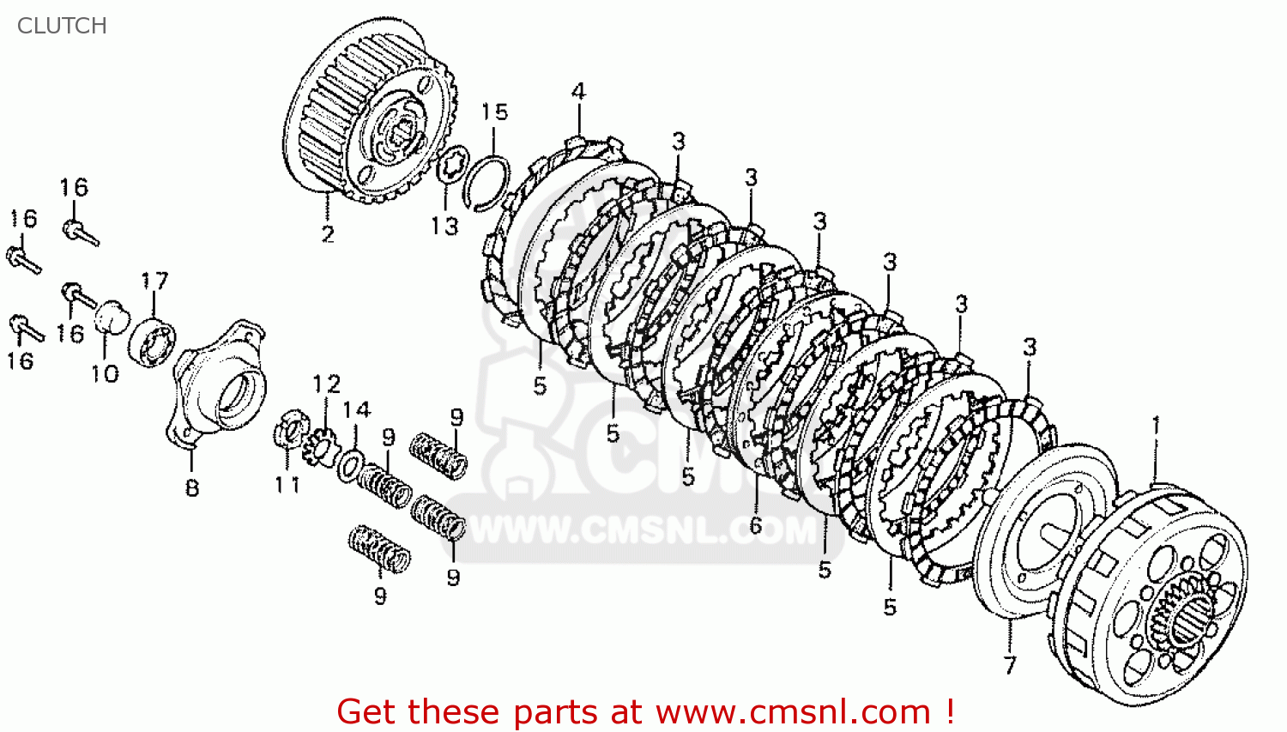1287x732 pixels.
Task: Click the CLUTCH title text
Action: [62, 26]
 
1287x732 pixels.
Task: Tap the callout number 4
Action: [578, 91]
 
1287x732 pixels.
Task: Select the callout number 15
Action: [495, 112]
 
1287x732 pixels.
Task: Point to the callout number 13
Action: [445, 227]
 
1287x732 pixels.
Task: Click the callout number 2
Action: [328, 234]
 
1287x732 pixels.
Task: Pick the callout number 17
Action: [154, 281]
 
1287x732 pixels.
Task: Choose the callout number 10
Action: [106, 373]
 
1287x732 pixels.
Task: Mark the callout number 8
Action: [192, 487]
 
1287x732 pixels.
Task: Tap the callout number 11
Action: [287, 485]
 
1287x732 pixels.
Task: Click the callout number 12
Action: [327, 384]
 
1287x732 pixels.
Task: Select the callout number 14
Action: [357, 409]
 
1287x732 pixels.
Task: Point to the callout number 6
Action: [756, 524]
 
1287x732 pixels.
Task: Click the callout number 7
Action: [1010, 665]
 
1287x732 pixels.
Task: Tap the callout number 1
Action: [1157, 426]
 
